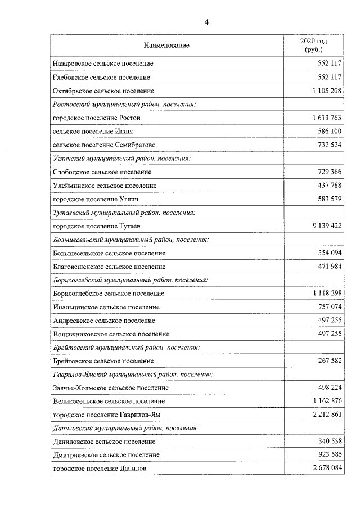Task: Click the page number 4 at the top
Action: [x=206, y=22]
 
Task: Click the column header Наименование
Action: [x=166, y=45]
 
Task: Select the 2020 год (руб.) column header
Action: [x=314, y=46]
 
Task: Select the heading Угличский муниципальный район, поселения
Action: [x=121, y=159]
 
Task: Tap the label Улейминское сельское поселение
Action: [x=104, y=186]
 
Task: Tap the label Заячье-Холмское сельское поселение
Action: [x=110, y=388]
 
